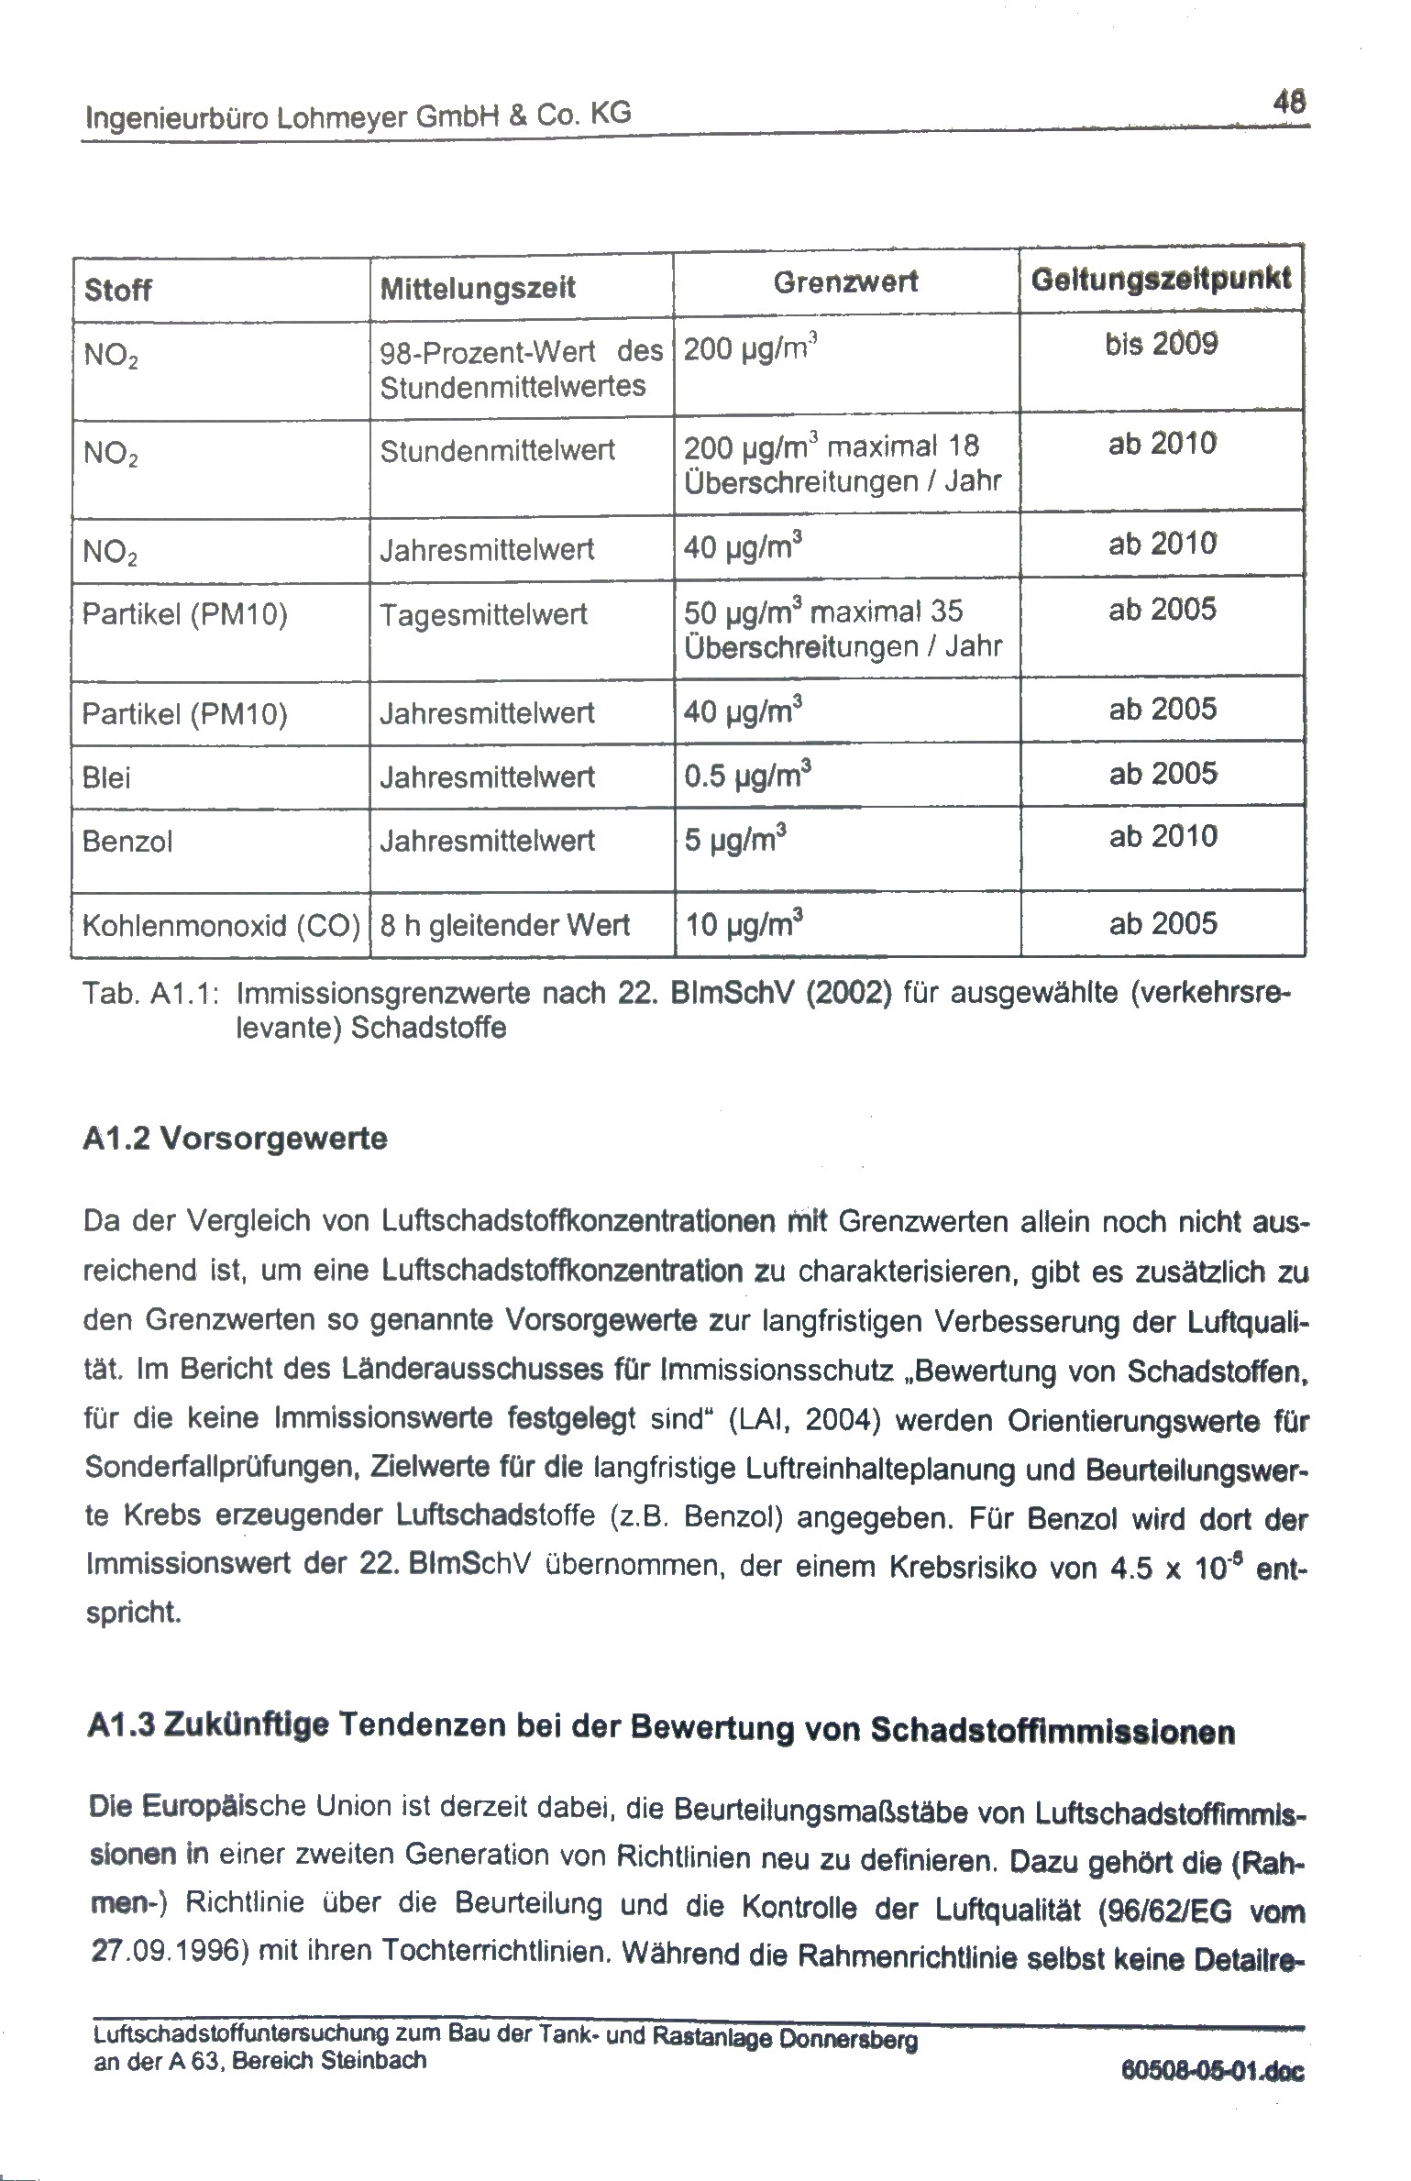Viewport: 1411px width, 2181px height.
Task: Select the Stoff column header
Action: tap(117, 291)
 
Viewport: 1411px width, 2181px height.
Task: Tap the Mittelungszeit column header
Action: tap(478, 289)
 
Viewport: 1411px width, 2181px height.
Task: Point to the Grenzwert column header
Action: tap(845, 282)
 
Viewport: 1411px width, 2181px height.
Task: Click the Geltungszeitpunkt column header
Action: tap(1162, 278)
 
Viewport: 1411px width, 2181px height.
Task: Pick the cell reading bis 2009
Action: tap(1162, 346)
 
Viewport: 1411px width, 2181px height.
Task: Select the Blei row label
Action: tap(106, 778)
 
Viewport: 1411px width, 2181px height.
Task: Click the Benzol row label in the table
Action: tap(127, 842)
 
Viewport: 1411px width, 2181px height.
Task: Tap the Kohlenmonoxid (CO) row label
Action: tap(221, 926)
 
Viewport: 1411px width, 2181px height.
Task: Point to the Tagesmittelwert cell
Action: tap(483, 614)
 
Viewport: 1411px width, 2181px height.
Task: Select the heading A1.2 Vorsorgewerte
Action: tap(236, 1140)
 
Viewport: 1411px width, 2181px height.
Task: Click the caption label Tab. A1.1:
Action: tap(149, 994)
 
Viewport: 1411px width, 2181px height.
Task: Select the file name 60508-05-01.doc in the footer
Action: tap(1211, 2073)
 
